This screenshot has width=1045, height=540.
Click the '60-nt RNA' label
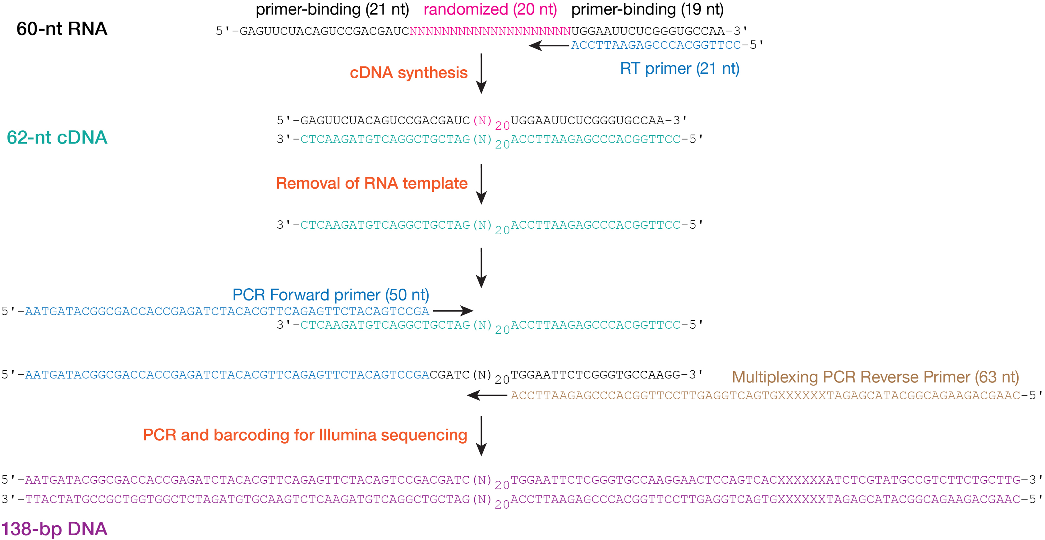pos(62,29)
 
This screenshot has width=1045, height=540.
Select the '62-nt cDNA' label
pos(57,137)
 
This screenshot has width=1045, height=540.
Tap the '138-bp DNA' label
pos(54,529)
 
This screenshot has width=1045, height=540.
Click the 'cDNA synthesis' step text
pos(408,73)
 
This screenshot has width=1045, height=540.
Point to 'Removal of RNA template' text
pos(371,183)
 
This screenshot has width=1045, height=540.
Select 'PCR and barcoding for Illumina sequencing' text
pos(305,435)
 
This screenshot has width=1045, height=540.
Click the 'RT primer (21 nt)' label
pos(679,69)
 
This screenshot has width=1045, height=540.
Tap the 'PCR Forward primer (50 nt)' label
pos(331,295)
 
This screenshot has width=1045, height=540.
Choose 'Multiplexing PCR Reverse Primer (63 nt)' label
pos(875,377)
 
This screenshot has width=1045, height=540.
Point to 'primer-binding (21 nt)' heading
pos(332,9)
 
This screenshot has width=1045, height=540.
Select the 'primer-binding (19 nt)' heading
pos(647,9)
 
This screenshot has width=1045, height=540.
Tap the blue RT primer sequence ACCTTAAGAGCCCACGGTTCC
pos(656,45)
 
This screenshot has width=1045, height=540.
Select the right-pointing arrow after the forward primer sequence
pos(453,311)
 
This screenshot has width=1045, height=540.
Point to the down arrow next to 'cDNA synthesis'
pos(481,74)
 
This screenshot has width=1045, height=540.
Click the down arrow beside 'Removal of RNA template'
pos(481,185)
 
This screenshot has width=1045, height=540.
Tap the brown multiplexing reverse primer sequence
pos(765,395)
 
